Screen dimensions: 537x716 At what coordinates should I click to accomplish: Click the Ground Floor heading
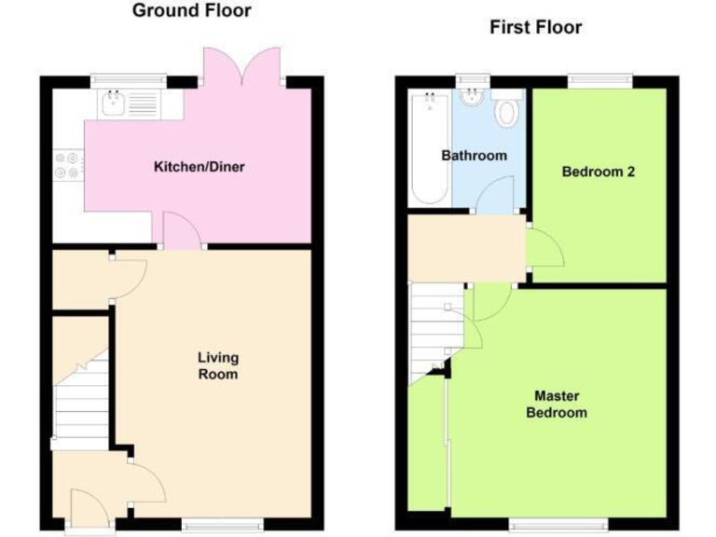[191, 11]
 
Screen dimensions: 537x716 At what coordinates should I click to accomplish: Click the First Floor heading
[535, 28]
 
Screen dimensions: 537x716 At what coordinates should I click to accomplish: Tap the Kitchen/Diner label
[199, 168]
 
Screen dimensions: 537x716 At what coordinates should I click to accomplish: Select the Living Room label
[217, 365]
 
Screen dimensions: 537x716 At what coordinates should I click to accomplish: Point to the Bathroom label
[474, 156]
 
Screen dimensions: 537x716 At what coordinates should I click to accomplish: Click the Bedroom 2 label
[599, 172]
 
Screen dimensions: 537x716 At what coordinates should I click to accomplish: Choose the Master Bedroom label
[557, 404]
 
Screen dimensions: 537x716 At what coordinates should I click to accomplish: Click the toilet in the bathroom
[507, 112]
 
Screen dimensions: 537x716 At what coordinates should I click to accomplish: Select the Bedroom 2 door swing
[543, 246]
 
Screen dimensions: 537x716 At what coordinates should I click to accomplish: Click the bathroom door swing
[495, 196]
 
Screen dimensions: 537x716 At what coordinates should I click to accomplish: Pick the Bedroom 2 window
[598, 82]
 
